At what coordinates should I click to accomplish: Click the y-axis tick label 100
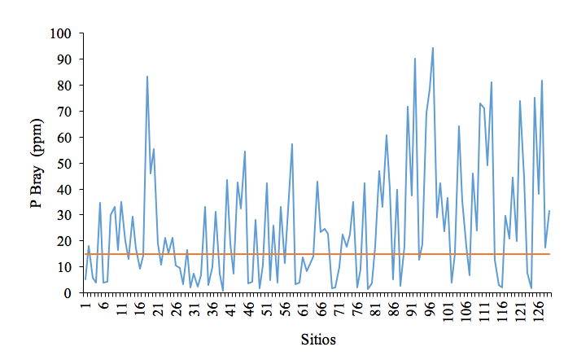pyautogui.click(x=61, y=34)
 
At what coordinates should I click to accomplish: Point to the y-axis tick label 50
pyautogui.click(x=64, y=164)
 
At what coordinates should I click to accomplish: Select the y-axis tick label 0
pyautogui.click(x=68, y=293)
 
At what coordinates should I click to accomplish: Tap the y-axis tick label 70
pyautogui.click(x=64, y=112)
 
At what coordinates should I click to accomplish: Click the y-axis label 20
pyautogui.click(x=64, y=241)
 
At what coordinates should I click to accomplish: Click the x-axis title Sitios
pyautogui.click(x=318, y=340)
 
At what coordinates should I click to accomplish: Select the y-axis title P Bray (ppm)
pyautogui.click(x=37, y=164)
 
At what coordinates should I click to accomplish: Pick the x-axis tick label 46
pyautogui.click(x=250, y=309)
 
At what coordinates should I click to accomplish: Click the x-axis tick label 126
pyautogui.click(x=539, y=311)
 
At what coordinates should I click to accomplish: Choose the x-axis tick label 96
pyautogui.click(x=431, y=309)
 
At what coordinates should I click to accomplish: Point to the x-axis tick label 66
pyautogui.click(x=321, y=309)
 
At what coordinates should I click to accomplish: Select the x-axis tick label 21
pyautogui.click(x=159, y=309)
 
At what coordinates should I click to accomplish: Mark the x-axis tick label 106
pyautogui.click(x=466, y=311)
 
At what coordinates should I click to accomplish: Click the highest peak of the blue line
pyautogui.click(x=433, y=48)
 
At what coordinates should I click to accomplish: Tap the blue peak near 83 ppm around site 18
pyautogui.click(x=147, y=77)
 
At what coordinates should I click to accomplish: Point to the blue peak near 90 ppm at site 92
pyautogui.click(x=415, y=58)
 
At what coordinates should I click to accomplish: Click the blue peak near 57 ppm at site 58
pyautogui.click(x=292, y=144)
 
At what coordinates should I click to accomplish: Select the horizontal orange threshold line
pyautogui.click(x=317, y=254)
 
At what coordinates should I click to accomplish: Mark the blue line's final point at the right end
pyautogui.click(x=549, y=211)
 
